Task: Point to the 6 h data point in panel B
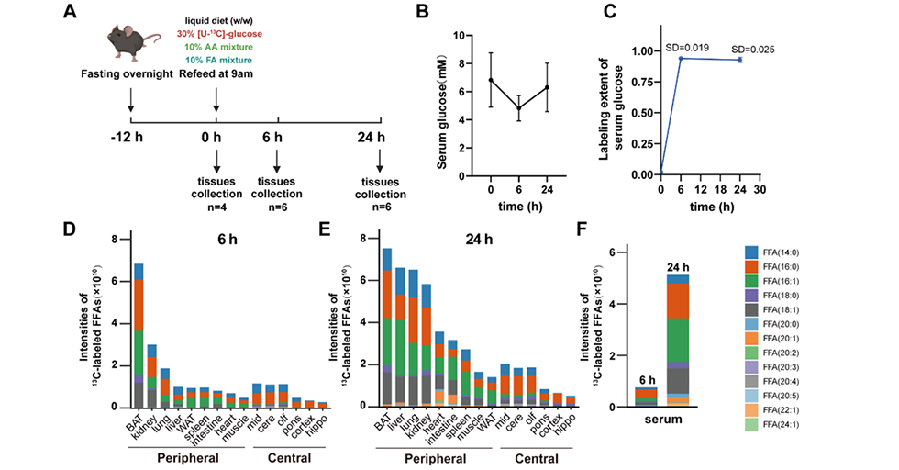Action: (x=518, y=108)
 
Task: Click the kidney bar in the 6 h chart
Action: (x=151, y=375)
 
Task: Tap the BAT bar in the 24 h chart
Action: (x=387, y=327)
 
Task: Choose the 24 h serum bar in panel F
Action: (x=678, y=341)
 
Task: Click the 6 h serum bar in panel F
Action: (x=646, y=397)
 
